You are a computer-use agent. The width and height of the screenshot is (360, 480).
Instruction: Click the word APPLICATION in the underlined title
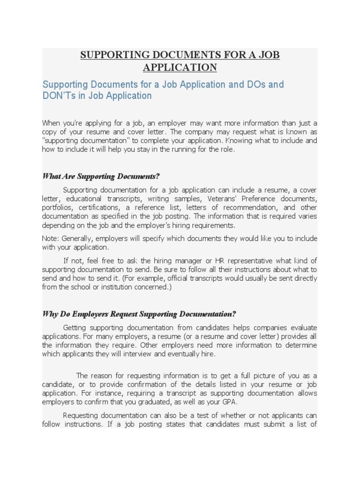click(x=180, y=67)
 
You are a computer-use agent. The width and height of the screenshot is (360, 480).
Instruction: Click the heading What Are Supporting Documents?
click(x=101, y=176)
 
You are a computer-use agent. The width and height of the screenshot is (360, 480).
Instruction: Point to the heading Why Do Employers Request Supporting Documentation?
click(x=139, y=314)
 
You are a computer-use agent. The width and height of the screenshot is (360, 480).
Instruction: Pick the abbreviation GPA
click(x=229, y=402)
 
